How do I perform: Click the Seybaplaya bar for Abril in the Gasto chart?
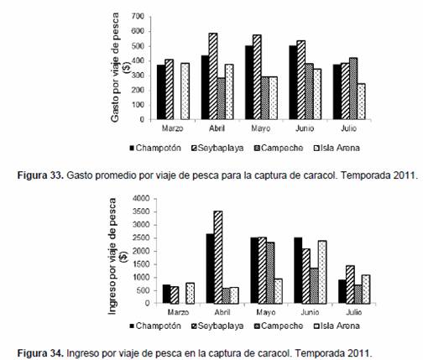(213, 76)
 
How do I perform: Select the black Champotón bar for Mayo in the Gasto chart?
(249, 83)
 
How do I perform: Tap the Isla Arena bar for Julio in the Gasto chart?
(361, 102)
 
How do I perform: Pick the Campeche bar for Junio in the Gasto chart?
(309, 91)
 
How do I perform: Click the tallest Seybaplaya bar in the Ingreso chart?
(218, 257)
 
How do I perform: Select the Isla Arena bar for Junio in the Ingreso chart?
(322, 272)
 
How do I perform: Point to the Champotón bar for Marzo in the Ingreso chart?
(166, 294)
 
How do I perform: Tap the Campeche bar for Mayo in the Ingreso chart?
(270, 273)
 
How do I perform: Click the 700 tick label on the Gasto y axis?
(138, 17)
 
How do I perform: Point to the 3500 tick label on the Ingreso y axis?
(142, 211)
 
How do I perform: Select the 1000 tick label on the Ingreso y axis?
(142, 278)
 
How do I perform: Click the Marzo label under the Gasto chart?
(173, 128)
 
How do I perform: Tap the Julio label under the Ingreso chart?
(354, 312)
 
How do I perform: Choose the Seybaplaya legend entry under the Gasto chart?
(217, 148)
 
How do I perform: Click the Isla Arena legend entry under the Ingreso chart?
(337, 326)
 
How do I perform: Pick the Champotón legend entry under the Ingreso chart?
(155, 326)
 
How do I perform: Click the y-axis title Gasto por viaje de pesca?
(115, 67)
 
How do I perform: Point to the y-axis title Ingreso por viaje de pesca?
(112, 256)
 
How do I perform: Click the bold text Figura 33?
(41, 175)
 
